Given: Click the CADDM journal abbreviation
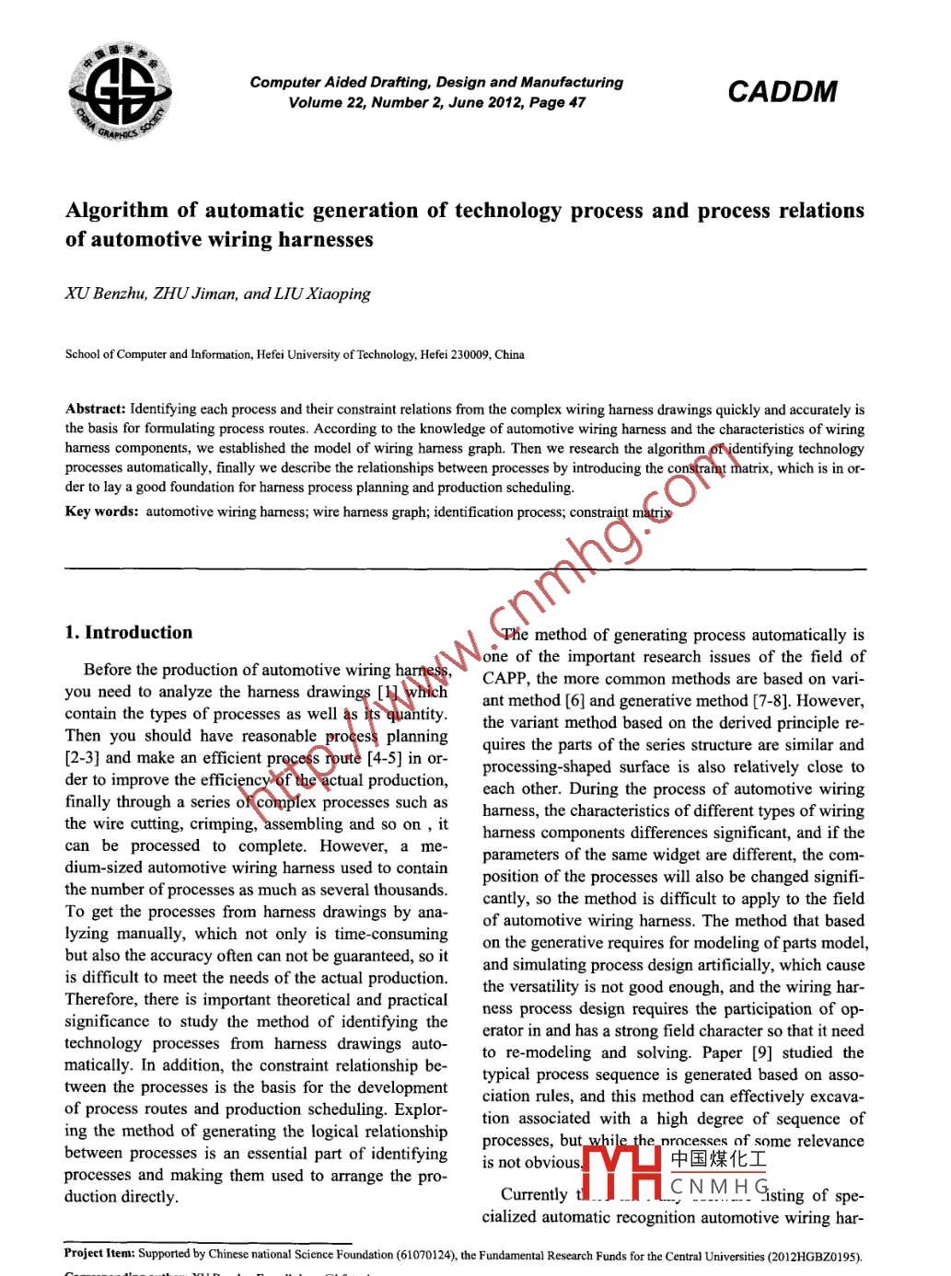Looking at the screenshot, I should click(782, 92).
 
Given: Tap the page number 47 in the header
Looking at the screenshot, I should click(576, 102).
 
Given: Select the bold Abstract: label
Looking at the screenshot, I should click(95, 408).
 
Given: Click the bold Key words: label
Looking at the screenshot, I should click(101, 512).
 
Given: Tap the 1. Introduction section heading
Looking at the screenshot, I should click(129, 632).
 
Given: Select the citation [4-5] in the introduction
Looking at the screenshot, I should click(384, 758).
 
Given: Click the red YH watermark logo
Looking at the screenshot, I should click(623, 1172).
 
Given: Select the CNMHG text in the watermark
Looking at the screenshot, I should click(718, 1187).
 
